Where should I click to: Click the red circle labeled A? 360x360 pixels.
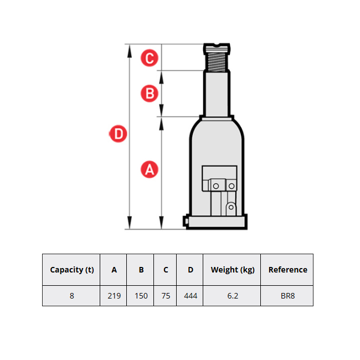tap(149, 169)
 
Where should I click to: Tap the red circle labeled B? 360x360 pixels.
tap(149, 93)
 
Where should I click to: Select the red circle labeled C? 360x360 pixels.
tap(149, 58)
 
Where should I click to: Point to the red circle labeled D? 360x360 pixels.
tap(118, 133)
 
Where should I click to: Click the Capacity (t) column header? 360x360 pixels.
tap(72, 270)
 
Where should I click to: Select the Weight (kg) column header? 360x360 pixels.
tap(233, 270)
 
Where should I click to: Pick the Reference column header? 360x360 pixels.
tap(287, 270)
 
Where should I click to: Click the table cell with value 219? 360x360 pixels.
tap(114, 296)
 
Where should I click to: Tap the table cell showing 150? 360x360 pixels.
tap(141, 296)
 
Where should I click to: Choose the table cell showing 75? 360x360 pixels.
tap(166, 296)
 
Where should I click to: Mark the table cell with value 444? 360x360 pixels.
tap(191, 296)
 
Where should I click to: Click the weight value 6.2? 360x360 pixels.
tap(233, 296)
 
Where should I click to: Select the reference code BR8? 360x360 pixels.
tap(287, 296)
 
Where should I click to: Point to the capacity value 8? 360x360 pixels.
tap(72, 296)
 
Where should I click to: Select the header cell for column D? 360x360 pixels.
tap(191, 270)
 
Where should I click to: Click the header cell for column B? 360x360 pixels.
tap(141, 270)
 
